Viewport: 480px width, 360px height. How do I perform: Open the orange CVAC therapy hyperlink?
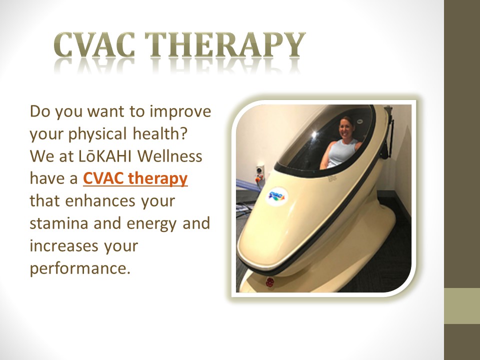pyautogui.click(x=135, y=178)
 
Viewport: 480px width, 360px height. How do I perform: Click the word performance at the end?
pyautogui.click(x=79, y=268)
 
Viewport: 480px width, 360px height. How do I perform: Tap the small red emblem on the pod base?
pyautogui.click(x=270, y=282)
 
